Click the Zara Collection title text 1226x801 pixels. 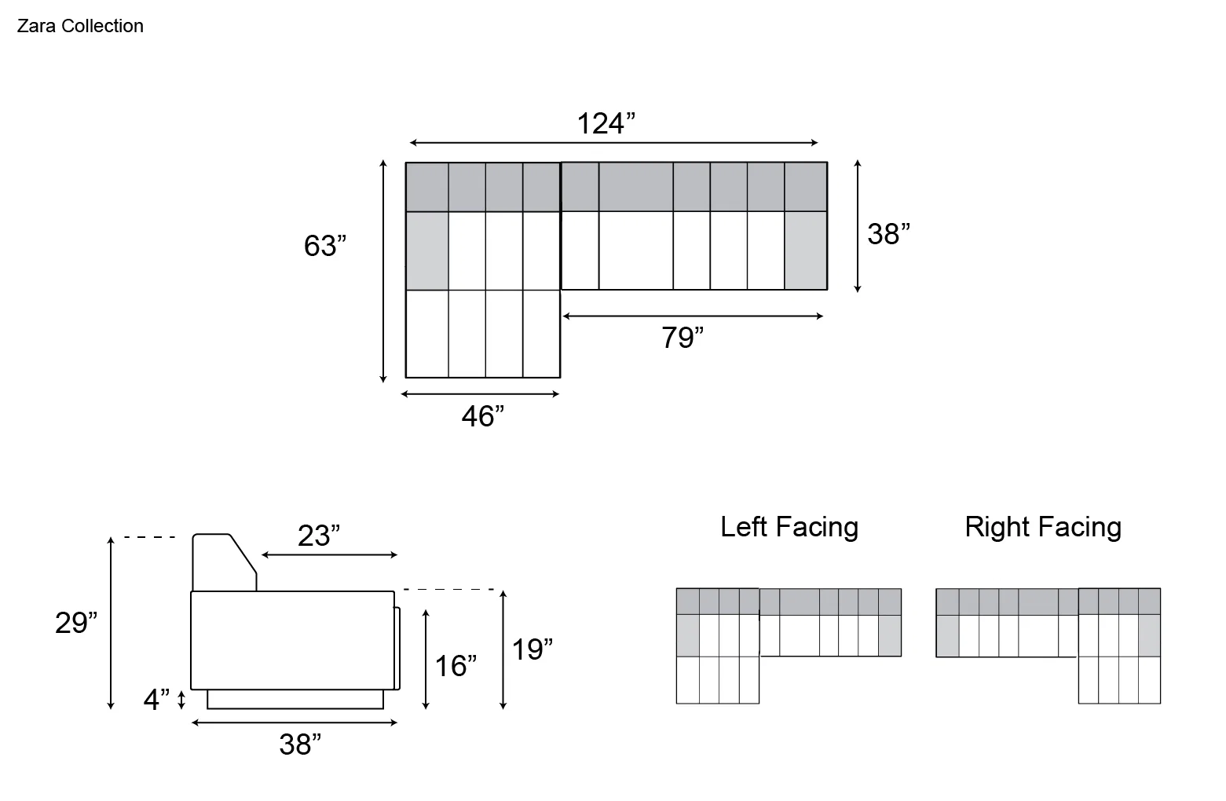coord(80,26)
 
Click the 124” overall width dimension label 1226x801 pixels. coord(606,123)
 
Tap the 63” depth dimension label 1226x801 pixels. coord(325,245)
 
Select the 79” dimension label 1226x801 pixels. coord(683,337)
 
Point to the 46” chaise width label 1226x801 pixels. coord(483,416)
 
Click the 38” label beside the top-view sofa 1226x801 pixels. coord(889,234)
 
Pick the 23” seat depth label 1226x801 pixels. coord(319,535)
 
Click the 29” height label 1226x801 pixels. coord(76,622)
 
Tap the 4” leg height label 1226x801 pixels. coord(156,699)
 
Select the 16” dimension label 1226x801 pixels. coord(456,665)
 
